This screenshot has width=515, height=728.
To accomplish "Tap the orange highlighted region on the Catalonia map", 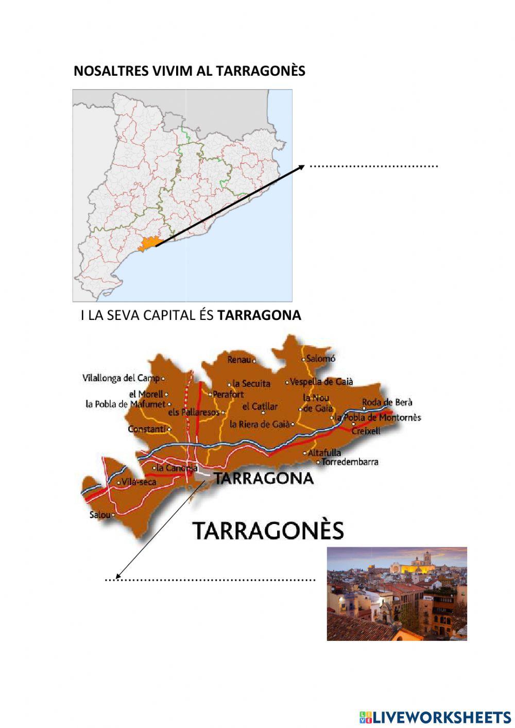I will (x=149, y=244).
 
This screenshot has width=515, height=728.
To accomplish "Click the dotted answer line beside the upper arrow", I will (x=374, y=166).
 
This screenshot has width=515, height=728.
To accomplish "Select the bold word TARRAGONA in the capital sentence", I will (x=259, y=315).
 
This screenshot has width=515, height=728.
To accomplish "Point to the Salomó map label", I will (x=320, y=358).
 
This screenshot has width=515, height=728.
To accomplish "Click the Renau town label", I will (x=239, y=360).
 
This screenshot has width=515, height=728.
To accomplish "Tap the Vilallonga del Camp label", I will (x=121, y=378).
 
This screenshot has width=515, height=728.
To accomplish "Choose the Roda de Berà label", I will (x=387, y=402).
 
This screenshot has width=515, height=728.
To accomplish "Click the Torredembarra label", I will (x=350, y=462).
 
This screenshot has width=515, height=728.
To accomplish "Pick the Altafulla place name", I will (x=324, y=453).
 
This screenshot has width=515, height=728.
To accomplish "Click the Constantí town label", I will (x=147, y=429).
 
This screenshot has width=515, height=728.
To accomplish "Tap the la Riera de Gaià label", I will (x=260, y=424).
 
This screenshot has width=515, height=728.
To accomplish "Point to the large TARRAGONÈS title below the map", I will (x=268, y=531).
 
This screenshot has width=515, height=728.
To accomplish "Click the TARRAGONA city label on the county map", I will (x=264, y=478).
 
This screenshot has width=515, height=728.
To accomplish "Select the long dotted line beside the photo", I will (x=210, y=580).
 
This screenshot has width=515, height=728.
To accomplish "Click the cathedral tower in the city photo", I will (x=427, y=559).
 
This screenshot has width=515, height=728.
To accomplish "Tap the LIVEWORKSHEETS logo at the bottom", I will (x=435, y=717).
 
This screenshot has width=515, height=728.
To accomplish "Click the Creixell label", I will (x=366, y=431).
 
